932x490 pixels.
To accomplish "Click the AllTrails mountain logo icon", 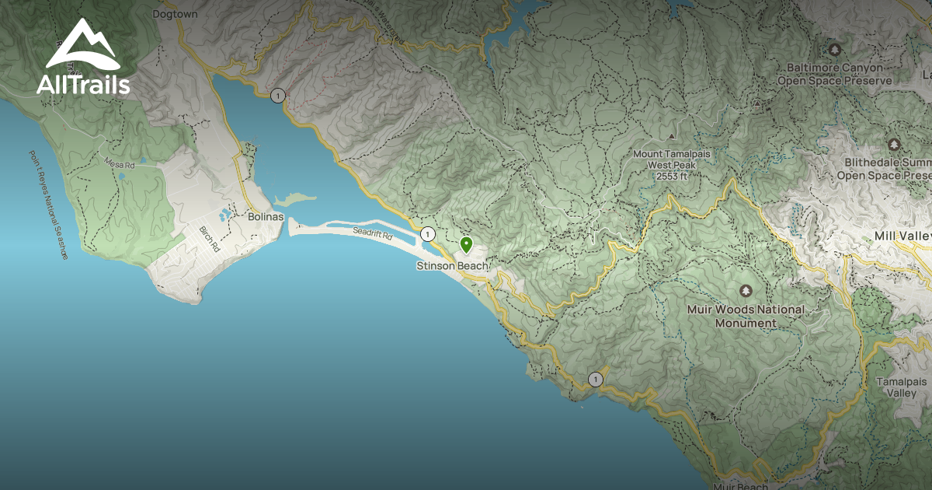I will (x=82, y=45).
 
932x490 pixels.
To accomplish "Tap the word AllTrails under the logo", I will (x=82, y=85).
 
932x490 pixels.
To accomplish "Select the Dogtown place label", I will (x=175, y=14).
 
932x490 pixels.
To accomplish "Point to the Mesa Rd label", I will (x=119, y=165).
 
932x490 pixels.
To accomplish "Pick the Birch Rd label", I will (x=210, y=238).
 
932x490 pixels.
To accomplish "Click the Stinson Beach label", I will (x=453, y=266).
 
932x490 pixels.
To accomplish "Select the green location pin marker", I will (x=466, y=245).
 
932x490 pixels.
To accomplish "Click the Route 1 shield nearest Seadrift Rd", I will (x=427, y=234).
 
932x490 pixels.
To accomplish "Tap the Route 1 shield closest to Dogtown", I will (x=278, y=96).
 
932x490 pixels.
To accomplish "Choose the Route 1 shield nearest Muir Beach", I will (x=595, y=380).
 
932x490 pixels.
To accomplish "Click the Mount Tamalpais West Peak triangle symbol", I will (x=672, y=137).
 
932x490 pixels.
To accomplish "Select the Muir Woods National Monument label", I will (x=746, y=316).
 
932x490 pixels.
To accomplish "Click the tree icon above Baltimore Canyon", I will (x=835, y=50).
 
